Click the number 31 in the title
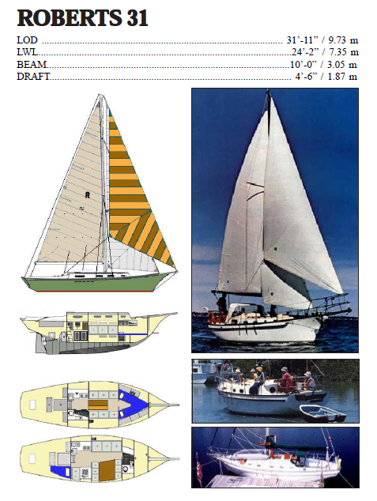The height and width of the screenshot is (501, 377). click(130, 18)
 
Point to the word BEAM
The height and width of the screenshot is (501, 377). click(32, 64)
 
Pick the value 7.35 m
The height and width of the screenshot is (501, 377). click(341, 52)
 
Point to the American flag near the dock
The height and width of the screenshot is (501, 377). click(198, 473)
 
